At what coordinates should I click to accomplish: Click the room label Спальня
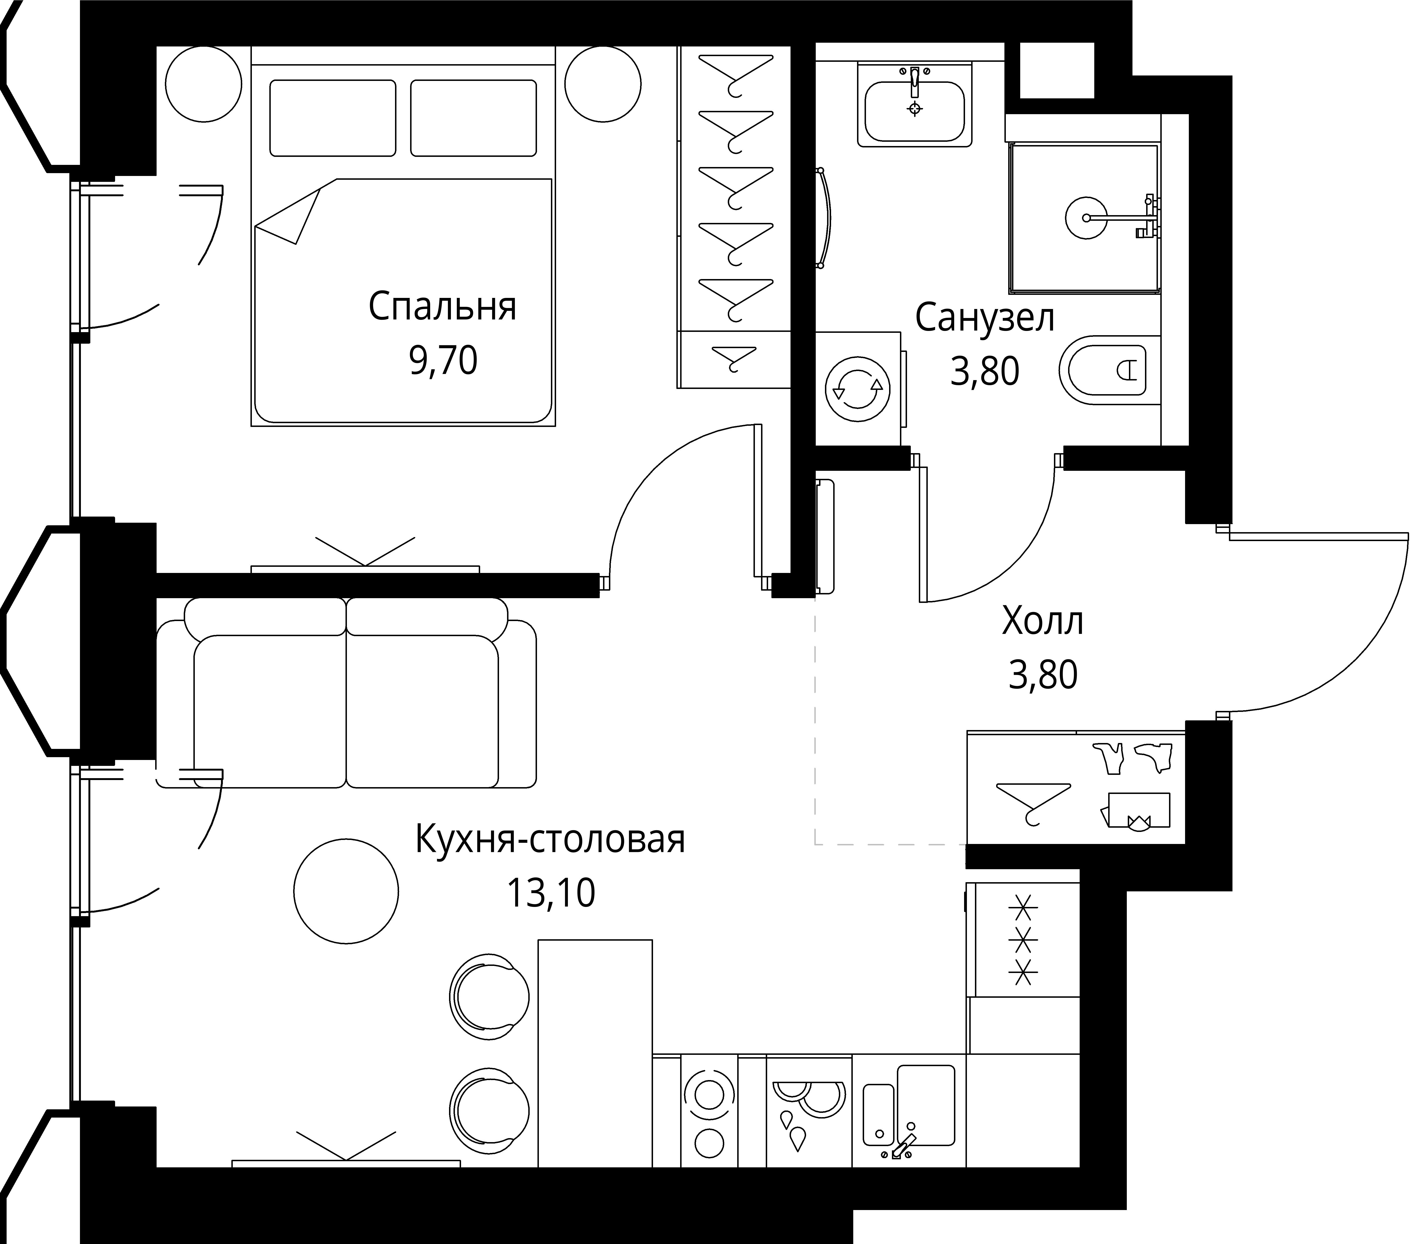click(x=442, y=307)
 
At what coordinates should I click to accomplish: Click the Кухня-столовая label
click(x=550, y=840)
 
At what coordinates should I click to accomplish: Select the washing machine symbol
click(x=858, y=389)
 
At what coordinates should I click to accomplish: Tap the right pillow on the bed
click(x=474, y=118)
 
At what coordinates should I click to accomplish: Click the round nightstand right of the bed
click(x=603, y=84)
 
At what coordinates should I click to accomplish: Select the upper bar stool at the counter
click(x=489, y=997)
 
